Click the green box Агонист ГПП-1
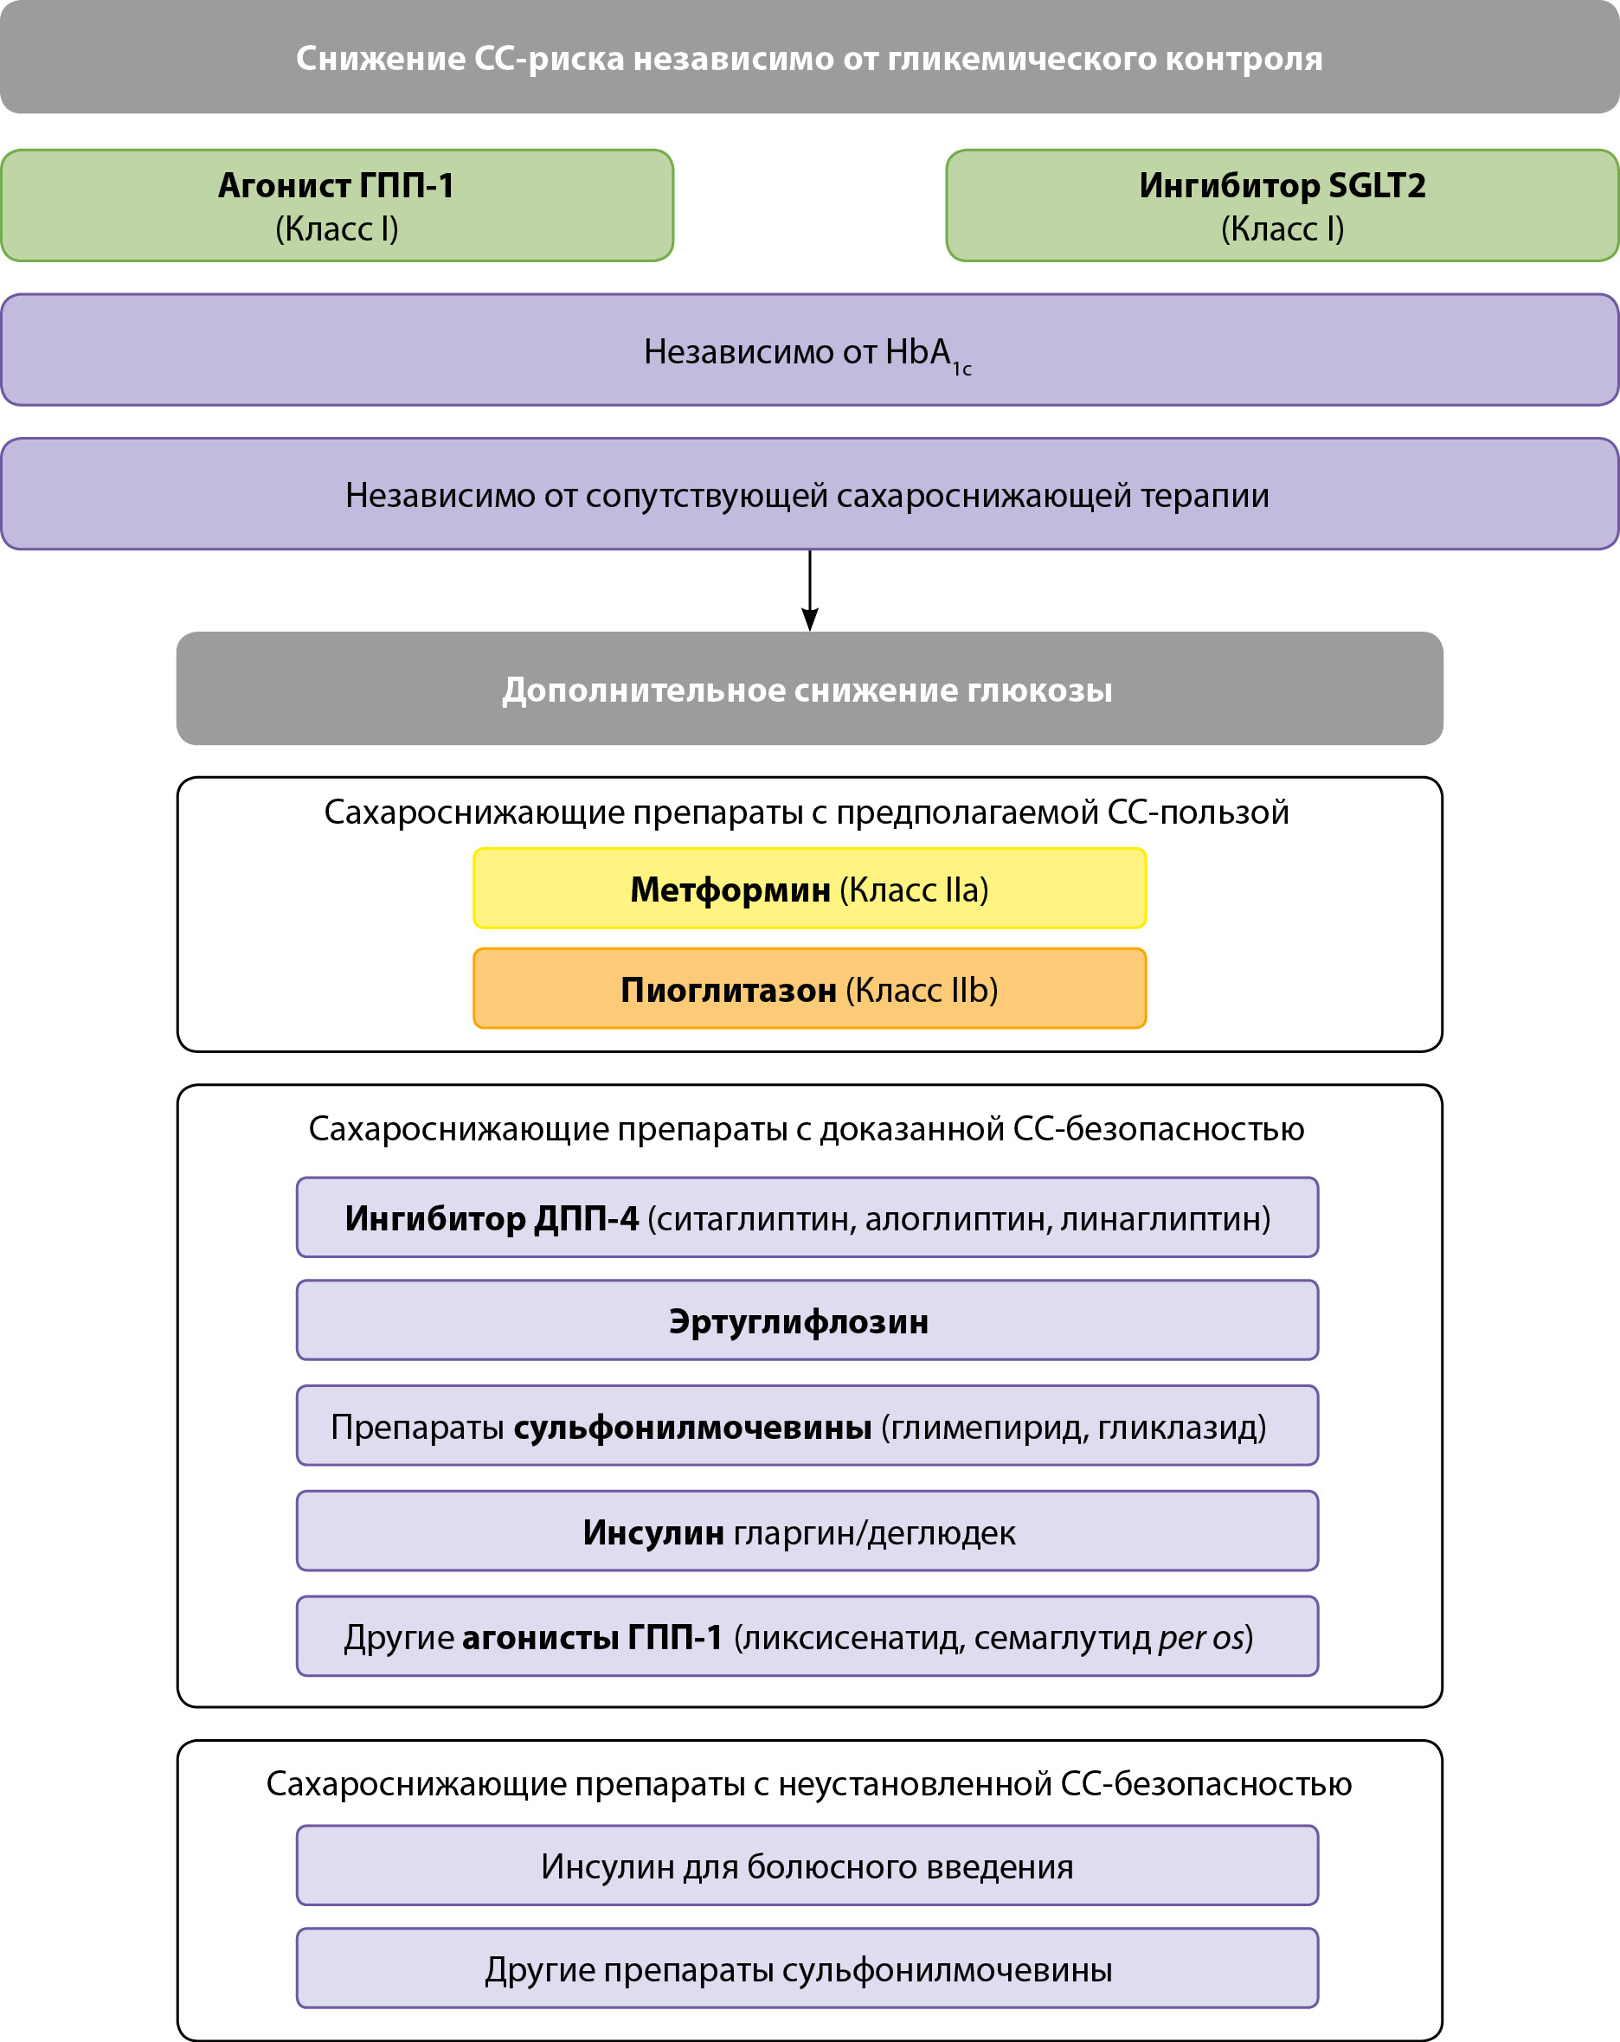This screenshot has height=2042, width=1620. (337, 206)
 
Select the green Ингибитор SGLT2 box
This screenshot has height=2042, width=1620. (1282, 206)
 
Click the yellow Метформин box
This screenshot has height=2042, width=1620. (809, 889)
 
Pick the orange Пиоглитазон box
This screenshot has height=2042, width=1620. (809, 989)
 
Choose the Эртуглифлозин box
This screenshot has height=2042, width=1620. (807, 1321)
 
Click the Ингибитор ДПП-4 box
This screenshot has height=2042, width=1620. (807, 1218)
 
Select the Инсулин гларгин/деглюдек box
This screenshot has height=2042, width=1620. (807, 1531)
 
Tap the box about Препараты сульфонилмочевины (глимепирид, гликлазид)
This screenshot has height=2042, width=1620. (807, 1426)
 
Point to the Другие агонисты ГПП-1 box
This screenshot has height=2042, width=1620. (807, 1637)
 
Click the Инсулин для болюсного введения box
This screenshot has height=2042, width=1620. (807, 1865)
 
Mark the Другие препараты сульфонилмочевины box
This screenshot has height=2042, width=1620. (807, 1969)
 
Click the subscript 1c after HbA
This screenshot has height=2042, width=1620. (961, 369)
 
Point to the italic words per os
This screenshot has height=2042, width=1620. (1200, 1638)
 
